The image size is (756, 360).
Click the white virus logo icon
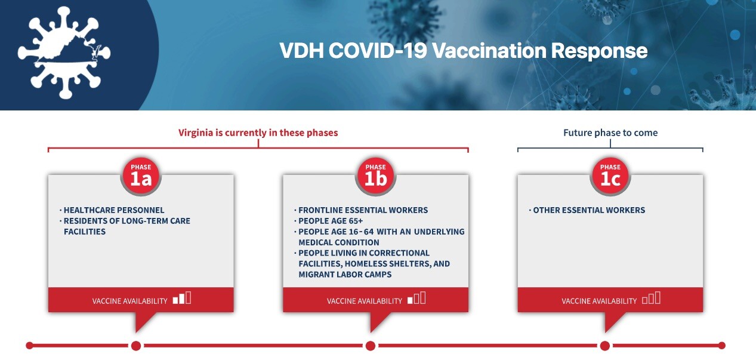64,53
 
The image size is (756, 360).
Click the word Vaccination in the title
489,51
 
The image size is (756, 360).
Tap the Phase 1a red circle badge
141,176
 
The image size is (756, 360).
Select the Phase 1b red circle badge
375,176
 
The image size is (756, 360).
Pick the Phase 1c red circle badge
610,176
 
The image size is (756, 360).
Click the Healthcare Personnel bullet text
114,210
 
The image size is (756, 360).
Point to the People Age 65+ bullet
331,221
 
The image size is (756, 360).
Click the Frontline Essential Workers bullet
363,210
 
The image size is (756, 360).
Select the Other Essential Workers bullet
589,210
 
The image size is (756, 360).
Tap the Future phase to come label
610,133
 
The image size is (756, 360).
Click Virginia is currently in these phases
258,133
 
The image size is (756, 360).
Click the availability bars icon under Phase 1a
182,298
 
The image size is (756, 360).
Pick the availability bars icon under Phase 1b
416,298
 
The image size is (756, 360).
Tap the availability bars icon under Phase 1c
651,298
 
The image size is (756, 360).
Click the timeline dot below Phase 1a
135,346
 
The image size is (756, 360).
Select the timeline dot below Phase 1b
370,346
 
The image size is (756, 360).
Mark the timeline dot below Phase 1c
605,346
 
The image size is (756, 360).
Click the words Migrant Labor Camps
345,275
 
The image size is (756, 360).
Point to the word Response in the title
600,51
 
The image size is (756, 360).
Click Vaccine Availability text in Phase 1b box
365,301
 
